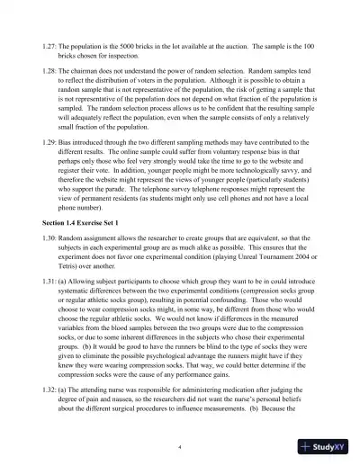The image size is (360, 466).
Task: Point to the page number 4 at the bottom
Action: pos(180,446)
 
